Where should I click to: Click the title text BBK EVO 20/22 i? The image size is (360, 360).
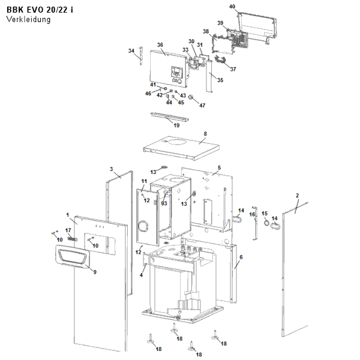click(x=40, y=10)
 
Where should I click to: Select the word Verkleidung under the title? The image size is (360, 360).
click(x=28, y=19)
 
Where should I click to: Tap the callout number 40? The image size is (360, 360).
click(x=232, y=7)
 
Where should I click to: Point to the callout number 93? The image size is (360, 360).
click(x=164, y=203)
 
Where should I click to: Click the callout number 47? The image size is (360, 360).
click(x=202, y=106)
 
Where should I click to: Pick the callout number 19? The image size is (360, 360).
click(x=176, y=125)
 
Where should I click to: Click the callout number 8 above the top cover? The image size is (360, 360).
click(x=205, y=134)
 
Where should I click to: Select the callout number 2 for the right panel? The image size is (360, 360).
click(x=298, y=196)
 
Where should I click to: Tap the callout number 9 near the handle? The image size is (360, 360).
click(x=95, y=272)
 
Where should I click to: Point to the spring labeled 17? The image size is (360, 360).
click(x=73, y=239)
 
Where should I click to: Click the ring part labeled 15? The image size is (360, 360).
click(x=266, y=223)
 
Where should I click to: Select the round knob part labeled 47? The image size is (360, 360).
click(x=191, y=97)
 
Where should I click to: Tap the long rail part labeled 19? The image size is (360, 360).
click(x=170, y=116)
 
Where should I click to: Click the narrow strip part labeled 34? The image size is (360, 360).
click(x=141, y=56)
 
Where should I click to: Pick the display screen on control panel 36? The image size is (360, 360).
click(x=176, y=70)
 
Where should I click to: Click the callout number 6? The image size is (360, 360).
click(x=241, y=257)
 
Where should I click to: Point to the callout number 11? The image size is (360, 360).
click(x=144, y=181)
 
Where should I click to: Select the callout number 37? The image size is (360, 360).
click(x=233, y=69)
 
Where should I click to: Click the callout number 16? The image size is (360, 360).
click(x=252, y=214)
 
